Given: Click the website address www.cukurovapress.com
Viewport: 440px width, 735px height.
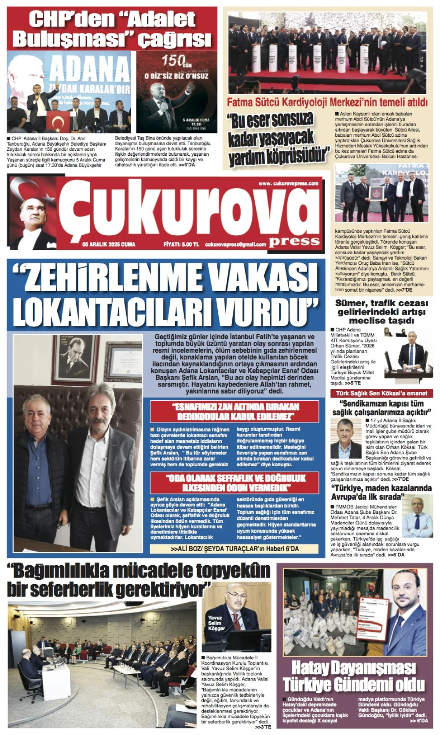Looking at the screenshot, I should tap(288, 183).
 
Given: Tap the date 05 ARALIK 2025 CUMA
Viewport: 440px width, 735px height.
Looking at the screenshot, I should tap(109, 244).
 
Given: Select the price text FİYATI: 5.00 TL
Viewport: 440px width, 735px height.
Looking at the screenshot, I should tap(181, 244).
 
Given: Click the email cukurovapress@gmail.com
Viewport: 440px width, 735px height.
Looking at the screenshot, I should tap(235, 245).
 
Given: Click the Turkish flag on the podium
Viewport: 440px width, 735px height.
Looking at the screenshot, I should tap(58, 121).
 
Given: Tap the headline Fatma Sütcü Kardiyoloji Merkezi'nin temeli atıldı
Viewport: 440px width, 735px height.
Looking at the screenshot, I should tap(327, 102).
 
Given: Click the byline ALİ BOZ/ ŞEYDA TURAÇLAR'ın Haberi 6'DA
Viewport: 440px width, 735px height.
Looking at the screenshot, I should tap(235, 549).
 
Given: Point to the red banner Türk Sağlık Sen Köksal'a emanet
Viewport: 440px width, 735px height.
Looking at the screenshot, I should tap(381, 393).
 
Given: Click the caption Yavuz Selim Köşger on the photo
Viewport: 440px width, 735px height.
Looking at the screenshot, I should tap(216, 623).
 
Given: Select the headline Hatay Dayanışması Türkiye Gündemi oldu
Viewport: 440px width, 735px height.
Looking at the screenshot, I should tap(354, 676).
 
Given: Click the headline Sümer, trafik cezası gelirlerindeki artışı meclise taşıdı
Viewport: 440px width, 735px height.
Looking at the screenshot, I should tap(381, 311).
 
